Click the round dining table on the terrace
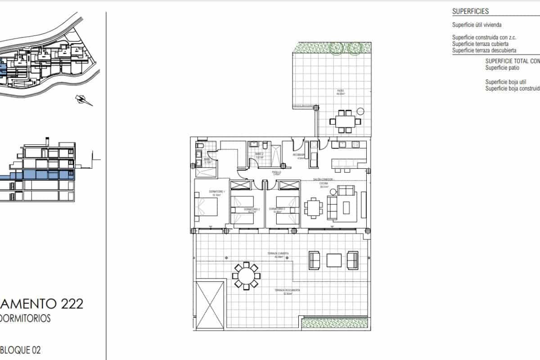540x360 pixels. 246,276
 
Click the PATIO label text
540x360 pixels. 341,91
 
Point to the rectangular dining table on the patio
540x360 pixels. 345,121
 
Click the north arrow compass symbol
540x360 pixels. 84,99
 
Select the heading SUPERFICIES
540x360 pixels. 470,12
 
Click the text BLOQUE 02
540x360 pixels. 23,350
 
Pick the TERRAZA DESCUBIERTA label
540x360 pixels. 288,291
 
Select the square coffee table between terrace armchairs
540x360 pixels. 334,261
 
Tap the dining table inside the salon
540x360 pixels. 313,208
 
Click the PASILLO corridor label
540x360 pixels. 276,172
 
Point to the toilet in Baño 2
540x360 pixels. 265,145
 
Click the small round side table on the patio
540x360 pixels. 360,111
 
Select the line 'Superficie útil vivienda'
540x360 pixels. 477,25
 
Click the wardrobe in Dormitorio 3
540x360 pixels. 288,185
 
